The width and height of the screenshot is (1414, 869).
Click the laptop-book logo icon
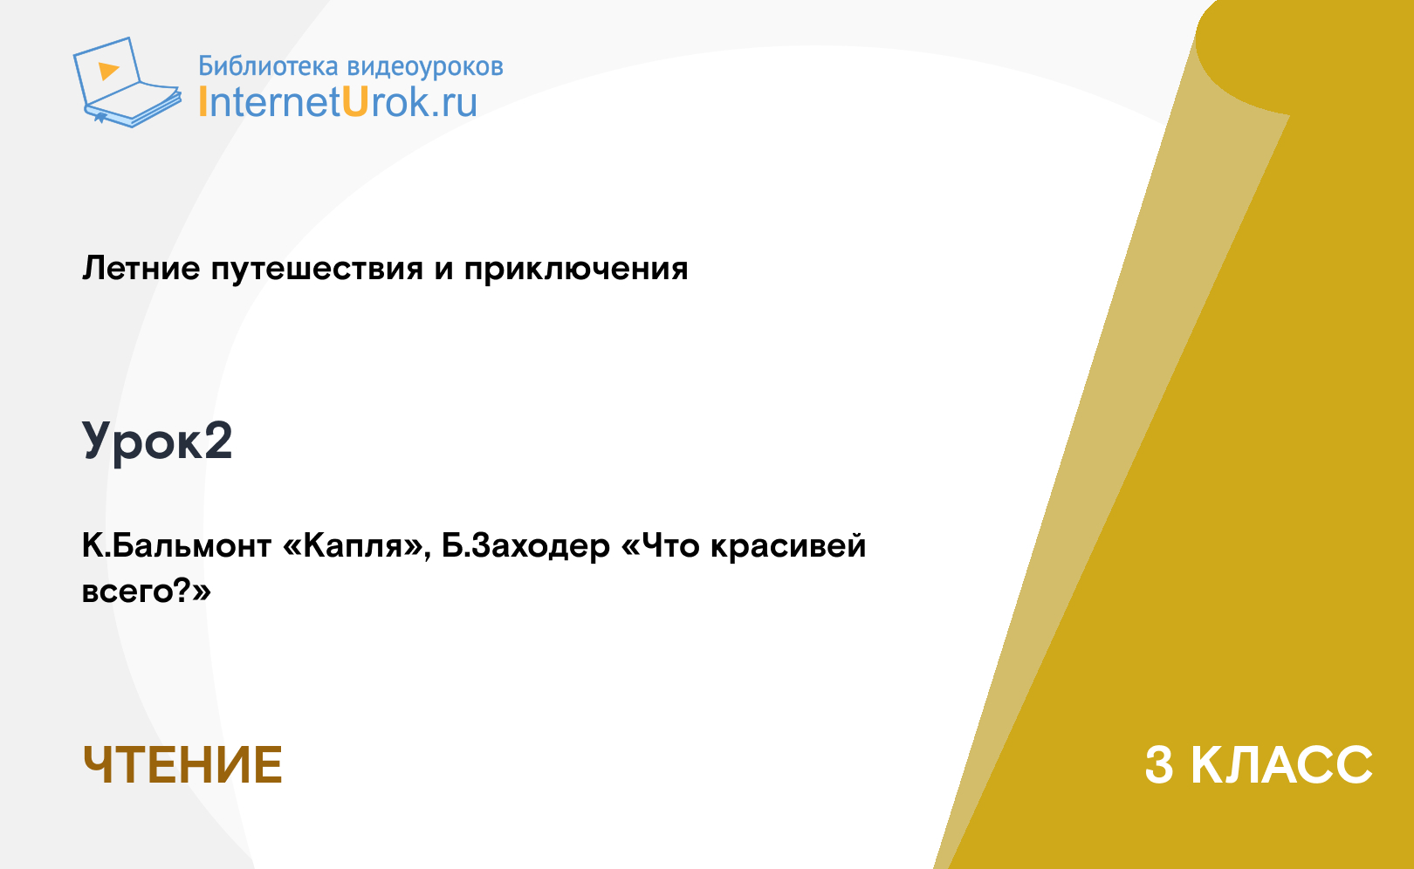point(127,82)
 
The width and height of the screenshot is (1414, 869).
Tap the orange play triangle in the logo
point(108,71)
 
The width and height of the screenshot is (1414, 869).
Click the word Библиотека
point(269,65)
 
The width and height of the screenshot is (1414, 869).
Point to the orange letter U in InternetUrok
point(355,101)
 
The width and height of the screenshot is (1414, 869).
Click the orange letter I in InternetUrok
point(202,101)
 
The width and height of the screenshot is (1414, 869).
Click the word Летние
point(141,268)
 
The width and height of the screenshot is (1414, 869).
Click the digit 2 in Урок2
point(218,440)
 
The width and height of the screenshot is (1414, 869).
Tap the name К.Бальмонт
point(176,545)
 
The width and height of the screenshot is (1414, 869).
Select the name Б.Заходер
point(525,546)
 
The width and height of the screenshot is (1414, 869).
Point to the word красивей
point(788,546)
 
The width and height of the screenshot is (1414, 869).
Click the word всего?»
point(147,592)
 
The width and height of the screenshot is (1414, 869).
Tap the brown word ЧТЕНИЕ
point(182,765)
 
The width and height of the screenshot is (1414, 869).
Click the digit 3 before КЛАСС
point(1159,765)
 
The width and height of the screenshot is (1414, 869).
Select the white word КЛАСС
point(1281,765)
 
